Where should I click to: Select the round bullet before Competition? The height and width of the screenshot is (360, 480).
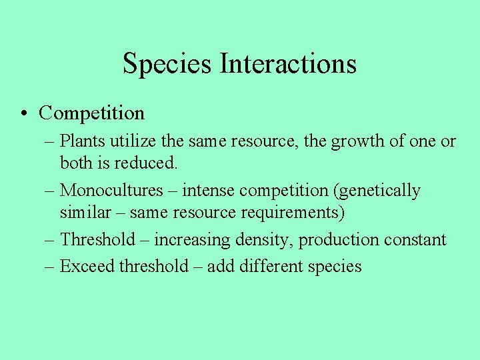23,113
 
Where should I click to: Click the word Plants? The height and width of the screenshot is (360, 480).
79,141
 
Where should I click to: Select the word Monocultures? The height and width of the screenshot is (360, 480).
111,191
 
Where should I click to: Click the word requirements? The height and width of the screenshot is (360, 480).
301,213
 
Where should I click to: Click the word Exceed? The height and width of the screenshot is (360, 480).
87,267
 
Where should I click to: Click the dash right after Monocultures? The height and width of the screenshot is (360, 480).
173,191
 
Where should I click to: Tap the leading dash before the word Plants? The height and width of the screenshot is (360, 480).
51,142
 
